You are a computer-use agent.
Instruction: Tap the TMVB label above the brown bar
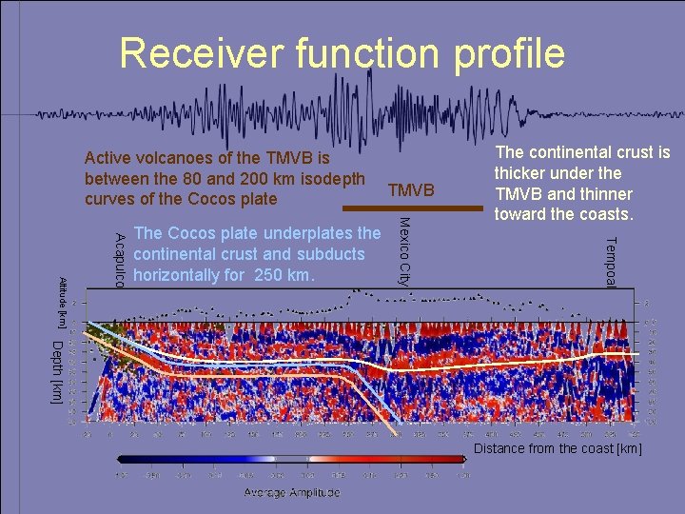(411, 190)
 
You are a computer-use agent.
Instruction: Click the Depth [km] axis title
(57, 371)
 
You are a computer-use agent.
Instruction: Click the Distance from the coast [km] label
(558, 448)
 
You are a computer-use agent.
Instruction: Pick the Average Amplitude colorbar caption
(291, 492)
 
